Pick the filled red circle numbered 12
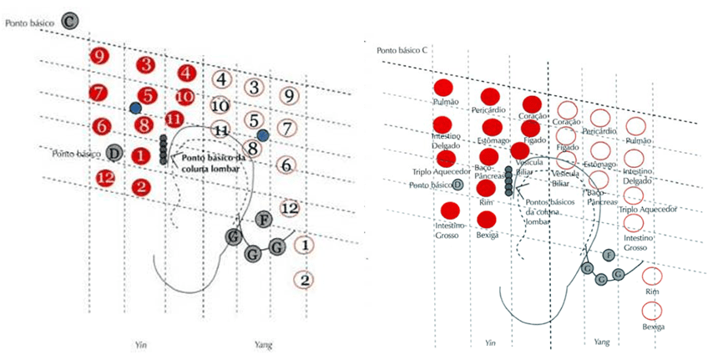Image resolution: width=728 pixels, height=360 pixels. (x=105, y=177)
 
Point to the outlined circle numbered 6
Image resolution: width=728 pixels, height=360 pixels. (x=286, y=165)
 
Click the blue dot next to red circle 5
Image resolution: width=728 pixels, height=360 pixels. (x=135, y=109)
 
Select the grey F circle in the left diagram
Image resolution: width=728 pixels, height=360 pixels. (x=264, y=221)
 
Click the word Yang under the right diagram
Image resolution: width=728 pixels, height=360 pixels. (x=601, y=342)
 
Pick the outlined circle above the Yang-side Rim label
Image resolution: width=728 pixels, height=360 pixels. (x=652, y=276)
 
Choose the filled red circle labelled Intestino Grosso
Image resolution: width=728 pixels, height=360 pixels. (x=450, y=210)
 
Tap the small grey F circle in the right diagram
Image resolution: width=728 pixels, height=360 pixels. (x=609, y=254)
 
